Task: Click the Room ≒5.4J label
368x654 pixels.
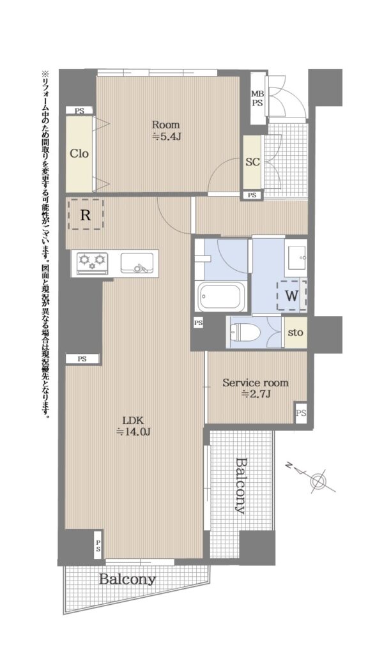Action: click(165, 130)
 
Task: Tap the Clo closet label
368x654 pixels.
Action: click(79, 153)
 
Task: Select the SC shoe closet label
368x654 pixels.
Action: click(252, 162)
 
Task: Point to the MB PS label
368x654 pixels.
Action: click(257, 98)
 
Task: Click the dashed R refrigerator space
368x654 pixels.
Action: click(86, 214)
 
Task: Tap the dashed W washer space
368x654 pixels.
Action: click(291, 296)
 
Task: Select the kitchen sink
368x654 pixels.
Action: click(137, 263)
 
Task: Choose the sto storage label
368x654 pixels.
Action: click(295, 332)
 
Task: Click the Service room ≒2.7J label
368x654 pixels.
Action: click(256, 388)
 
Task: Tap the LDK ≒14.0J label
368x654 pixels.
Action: click(133, 426)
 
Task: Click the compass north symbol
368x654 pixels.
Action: click(318, 481)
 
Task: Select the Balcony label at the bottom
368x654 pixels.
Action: click(127, 579)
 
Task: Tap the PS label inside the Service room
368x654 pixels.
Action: click(301, 413)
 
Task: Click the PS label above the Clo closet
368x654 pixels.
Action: click(79, 111)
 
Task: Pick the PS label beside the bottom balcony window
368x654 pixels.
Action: click(98, 547)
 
